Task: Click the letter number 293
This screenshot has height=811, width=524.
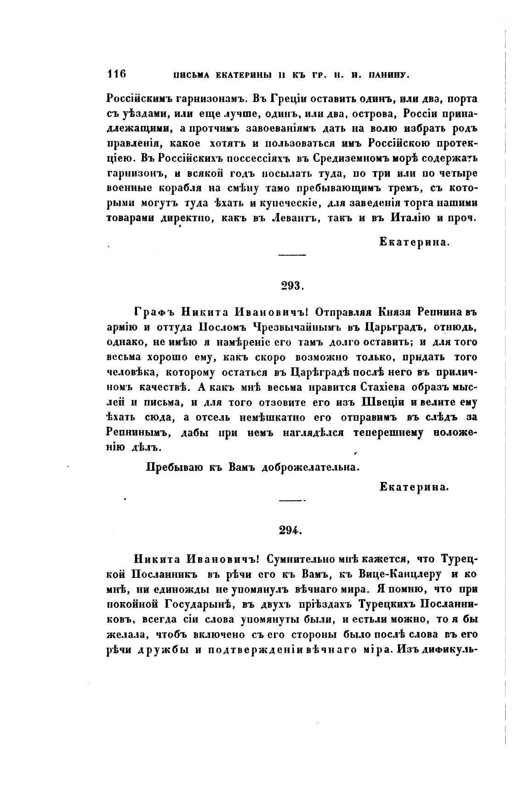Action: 290,286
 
